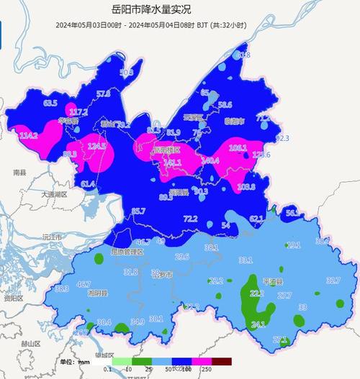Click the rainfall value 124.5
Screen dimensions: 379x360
96,147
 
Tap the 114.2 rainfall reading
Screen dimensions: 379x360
29,135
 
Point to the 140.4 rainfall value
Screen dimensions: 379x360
210,161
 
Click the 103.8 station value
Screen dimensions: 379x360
246,187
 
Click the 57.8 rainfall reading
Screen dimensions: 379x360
103,94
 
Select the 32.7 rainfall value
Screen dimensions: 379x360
333,280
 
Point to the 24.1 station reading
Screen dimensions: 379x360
258,324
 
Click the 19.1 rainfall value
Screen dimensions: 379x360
294,245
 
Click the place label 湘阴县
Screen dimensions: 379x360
97,293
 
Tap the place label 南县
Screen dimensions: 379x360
19,173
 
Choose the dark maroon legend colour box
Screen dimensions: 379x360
222,362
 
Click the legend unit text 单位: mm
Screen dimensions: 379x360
74,362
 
